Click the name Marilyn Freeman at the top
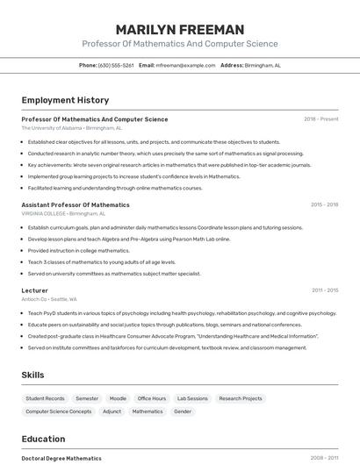(179, 29)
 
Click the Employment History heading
(65, 100)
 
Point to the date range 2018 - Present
(320, 119)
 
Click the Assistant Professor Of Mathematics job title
(76, 204)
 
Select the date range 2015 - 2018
(324, 204)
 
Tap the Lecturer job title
(35, 290)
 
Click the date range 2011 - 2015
(324, 290)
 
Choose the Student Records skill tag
(45, 398)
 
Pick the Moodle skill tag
(118, 398)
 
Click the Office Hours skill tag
(151, 398)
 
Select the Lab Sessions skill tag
(192, 398)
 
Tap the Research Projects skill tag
(241, 398)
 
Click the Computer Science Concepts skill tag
(58, 411)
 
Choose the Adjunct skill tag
(112, 411)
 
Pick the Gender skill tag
(183, 411)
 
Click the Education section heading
(43, 439)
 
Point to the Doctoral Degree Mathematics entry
(61, 458)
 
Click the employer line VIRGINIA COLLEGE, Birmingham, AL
(63, 213)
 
